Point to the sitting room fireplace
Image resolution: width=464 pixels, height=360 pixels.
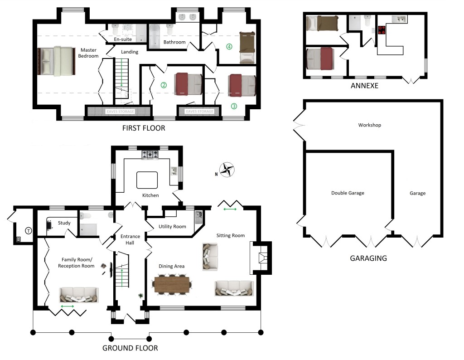tap(261, 258)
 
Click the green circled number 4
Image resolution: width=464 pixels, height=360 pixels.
tap(229, 46)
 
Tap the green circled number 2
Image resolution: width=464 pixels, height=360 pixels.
tap(164, 85)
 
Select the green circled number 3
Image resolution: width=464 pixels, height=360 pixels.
tap(234, 107)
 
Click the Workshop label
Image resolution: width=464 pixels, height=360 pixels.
tap(369, 125)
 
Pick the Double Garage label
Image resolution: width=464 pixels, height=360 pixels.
tap(347, 193)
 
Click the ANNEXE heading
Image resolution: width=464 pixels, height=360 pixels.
tap(365, 85)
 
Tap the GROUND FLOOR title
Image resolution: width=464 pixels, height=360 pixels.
tap(130, 348)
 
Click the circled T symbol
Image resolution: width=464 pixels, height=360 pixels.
tap(29, 231)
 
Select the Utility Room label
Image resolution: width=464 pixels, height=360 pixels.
tap(172, 226)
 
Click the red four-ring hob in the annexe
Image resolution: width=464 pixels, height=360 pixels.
tap(381, 30)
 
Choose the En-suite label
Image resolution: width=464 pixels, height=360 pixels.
tap(122, 40)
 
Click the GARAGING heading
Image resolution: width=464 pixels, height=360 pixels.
tap(368, 258)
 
